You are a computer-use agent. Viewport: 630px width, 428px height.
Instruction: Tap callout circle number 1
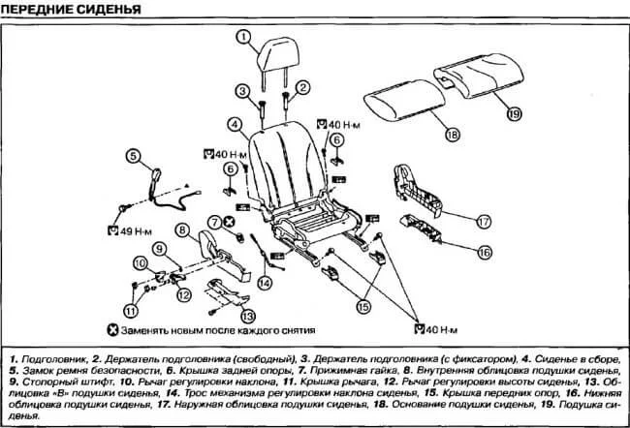tap(244, 39)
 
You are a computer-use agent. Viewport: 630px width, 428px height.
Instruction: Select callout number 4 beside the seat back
tap(236, 124)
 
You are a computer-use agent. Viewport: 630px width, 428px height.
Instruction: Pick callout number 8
tap(182, 229)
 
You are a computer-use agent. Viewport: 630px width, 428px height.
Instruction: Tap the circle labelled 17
tap(485, 221)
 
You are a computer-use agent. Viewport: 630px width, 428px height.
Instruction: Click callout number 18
tap(451, 135)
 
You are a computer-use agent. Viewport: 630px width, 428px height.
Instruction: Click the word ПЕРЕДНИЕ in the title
tap(45, 11)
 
